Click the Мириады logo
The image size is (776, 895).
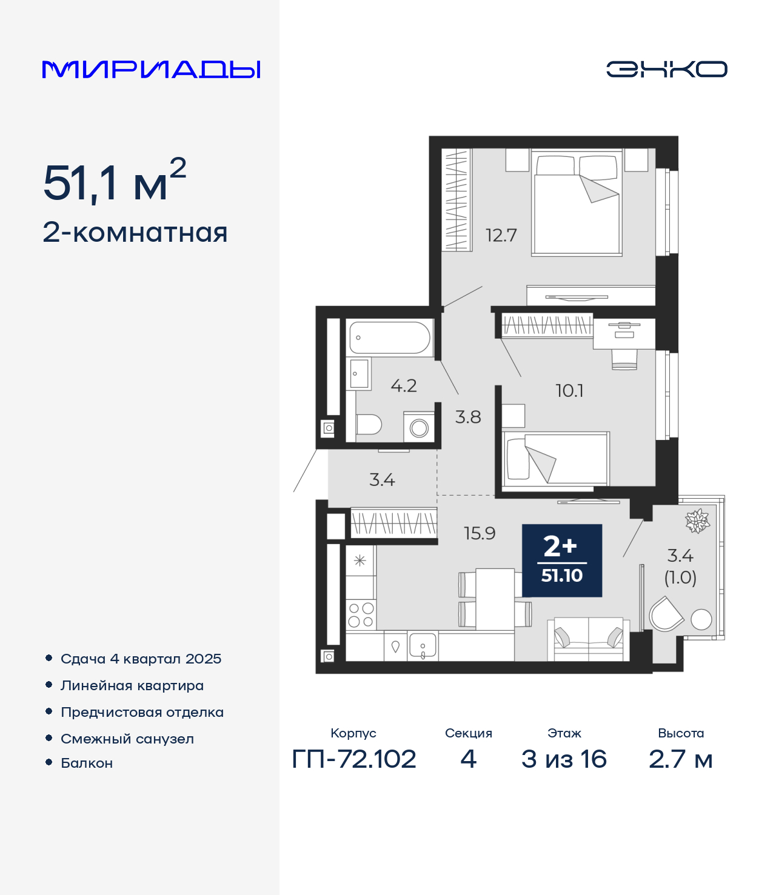coord(151,69)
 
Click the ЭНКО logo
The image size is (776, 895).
coord(666,69)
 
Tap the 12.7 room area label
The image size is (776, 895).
coord(501,236)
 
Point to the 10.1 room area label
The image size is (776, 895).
coord(569,391)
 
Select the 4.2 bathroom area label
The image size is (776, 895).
coord(404,386)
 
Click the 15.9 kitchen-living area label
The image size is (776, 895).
coord(480,533)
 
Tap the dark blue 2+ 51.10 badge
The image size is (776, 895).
coord(562,561)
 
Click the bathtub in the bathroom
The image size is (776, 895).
coord(390,338)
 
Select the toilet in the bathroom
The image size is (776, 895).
coord(369,425)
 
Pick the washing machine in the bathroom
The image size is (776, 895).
coord(419,427)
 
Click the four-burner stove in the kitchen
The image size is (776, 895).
coord(361,615)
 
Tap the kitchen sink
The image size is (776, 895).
coord(423,647)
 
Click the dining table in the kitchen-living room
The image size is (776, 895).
coord(495,600)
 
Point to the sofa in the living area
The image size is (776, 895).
coord(589,639)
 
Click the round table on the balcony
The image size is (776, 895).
coord(701,619)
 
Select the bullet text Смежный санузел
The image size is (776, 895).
coord(127,739)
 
